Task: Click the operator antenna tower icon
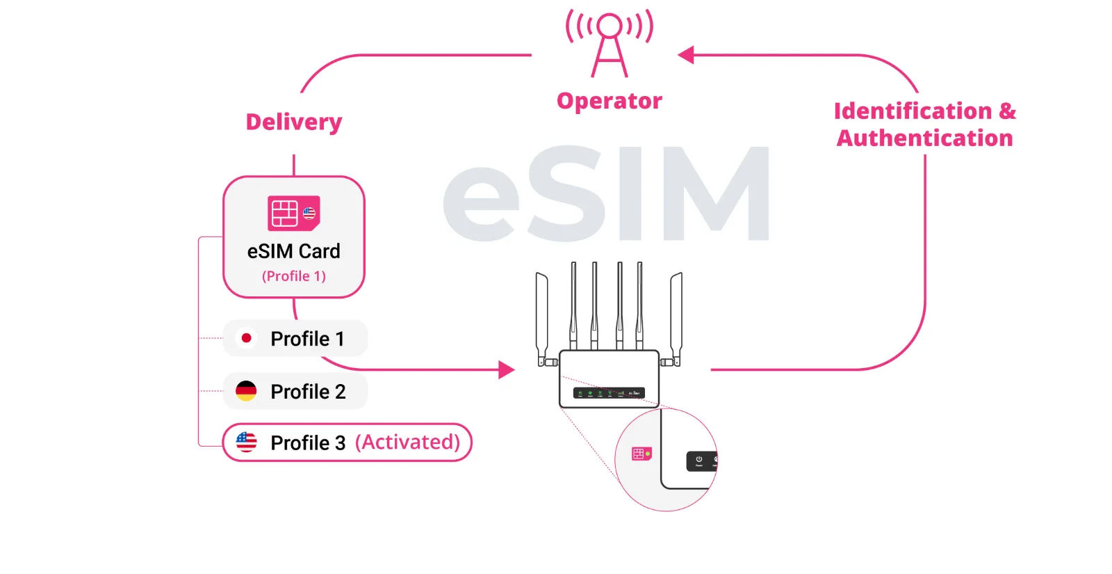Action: [610, 43]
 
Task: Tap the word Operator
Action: [610, 102]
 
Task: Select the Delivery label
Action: [294, 122]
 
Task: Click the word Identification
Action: [913, 111]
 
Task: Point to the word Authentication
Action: [924, 138]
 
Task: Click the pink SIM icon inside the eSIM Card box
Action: [293, 213]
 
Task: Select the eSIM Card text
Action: [294, 251]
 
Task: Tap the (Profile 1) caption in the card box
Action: [294, 276]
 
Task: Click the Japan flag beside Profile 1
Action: [246, 338]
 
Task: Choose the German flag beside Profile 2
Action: [246, 391]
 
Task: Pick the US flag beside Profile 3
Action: [246, 442]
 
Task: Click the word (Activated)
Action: [408, 443]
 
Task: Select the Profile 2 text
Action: [308, 392]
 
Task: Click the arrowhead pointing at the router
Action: [507, 369]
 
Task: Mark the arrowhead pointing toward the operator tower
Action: [686, 55]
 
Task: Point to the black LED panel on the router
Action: [609, 393]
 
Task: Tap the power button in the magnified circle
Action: [699, 461]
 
